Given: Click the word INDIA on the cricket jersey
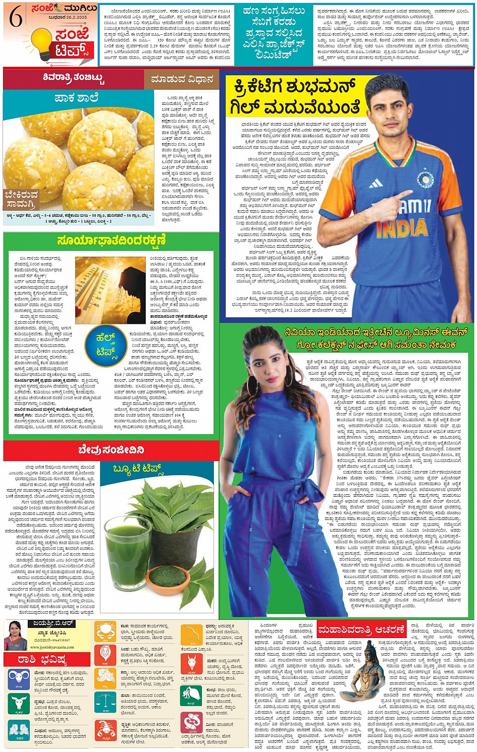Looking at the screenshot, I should [401, 228].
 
